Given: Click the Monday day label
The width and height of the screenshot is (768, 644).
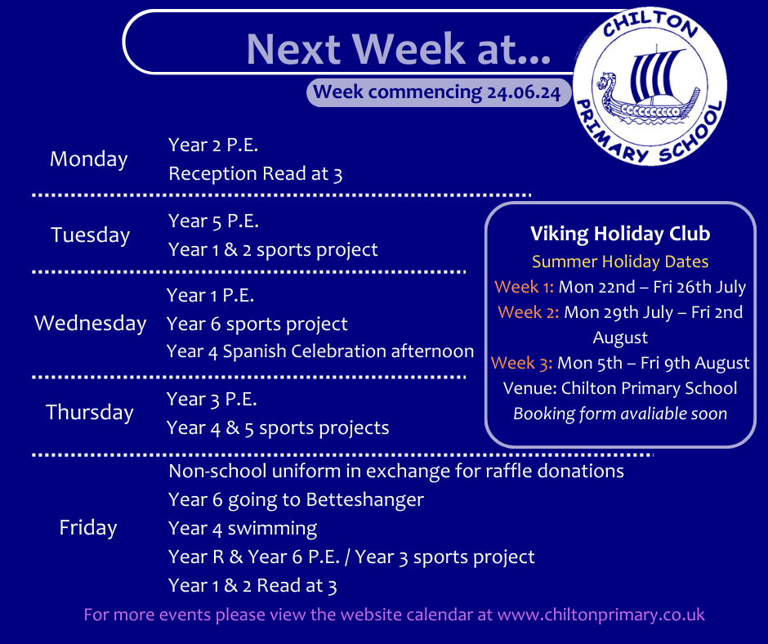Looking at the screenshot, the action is pos(89,159).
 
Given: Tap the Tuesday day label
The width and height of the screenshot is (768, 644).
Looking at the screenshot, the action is pos(90,235).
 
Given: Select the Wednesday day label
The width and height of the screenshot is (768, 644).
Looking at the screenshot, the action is pos(90,324).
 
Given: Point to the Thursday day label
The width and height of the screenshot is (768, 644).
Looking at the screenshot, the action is pos(90,412).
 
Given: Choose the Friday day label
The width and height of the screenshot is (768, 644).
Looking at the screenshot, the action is pos(88,528).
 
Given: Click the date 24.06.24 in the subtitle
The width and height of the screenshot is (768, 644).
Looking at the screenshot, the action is pos(523,92).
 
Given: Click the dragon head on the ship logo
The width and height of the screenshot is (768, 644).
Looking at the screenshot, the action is pos(606,82).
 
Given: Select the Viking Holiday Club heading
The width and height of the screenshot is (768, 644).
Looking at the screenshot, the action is pos(620,234).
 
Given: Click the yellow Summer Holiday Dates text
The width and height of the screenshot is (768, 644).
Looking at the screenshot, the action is pos(620,262).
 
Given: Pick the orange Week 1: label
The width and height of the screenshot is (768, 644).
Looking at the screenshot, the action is pos(524,287).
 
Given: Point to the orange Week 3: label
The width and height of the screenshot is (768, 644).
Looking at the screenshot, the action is pos(521,363).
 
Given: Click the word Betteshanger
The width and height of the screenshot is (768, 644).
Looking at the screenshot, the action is pos(365,499).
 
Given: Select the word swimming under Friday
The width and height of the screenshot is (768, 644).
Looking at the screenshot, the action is pos(272,529).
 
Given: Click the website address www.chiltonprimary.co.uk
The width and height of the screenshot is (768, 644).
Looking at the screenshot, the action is pos(601,615).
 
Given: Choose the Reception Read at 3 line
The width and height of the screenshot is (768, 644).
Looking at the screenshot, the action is pos(255,173).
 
